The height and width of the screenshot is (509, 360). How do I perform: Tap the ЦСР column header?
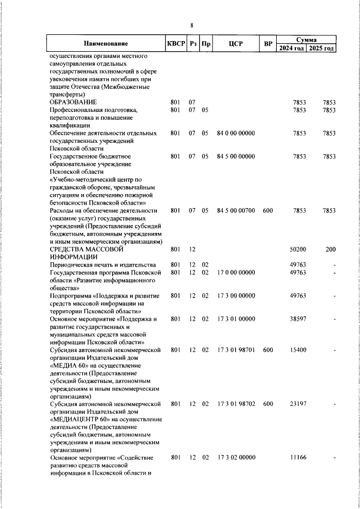[x=236, y=44]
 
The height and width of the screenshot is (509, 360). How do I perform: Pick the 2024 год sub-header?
[x=292, y=48]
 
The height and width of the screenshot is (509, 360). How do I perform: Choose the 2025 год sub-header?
[x=323, y=48]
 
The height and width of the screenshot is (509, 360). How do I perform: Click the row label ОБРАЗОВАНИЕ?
[x=73, y=102]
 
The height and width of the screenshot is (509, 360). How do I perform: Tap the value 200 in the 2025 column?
[x=330, y=249]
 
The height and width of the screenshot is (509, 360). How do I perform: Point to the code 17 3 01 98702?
[x=236, y=404]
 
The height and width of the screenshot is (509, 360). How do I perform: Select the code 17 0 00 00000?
[x=236, y=272]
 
